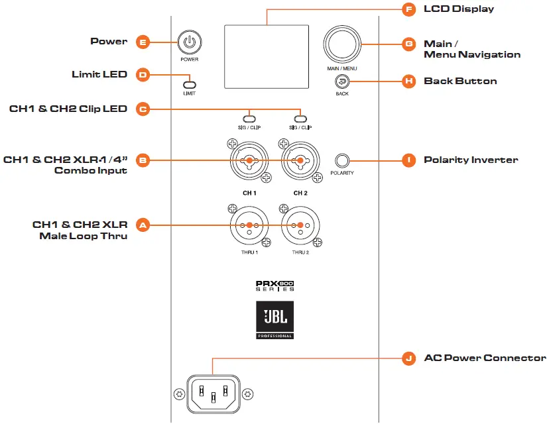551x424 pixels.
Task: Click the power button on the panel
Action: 190,42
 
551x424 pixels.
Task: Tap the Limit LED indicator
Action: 190,85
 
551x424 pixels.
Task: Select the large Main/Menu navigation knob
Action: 342,44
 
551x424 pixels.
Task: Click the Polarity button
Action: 342,161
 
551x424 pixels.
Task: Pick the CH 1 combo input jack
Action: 249,160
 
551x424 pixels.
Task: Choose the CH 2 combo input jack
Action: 300,160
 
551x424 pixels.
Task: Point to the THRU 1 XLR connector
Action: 249,225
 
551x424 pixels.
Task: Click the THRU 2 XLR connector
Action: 300,225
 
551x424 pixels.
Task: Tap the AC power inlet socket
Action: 214,394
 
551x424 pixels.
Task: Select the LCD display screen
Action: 267,56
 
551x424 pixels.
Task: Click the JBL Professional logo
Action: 275,320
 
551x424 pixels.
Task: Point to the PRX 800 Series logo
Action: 275,286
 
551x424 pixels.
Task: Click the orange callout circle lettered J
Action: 408,358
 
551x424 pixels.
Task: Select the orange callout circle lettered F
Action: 408,9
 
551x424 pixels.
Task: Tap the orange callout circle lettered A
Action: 143,225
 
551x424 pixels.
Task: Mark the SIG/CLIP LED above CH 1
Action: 249,119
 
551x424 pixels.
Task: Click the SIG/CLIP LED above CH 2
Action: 300,119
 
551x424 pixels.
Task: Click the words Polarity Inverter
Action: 471,160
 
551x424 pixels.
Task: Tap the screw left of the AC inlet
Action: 179,394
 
